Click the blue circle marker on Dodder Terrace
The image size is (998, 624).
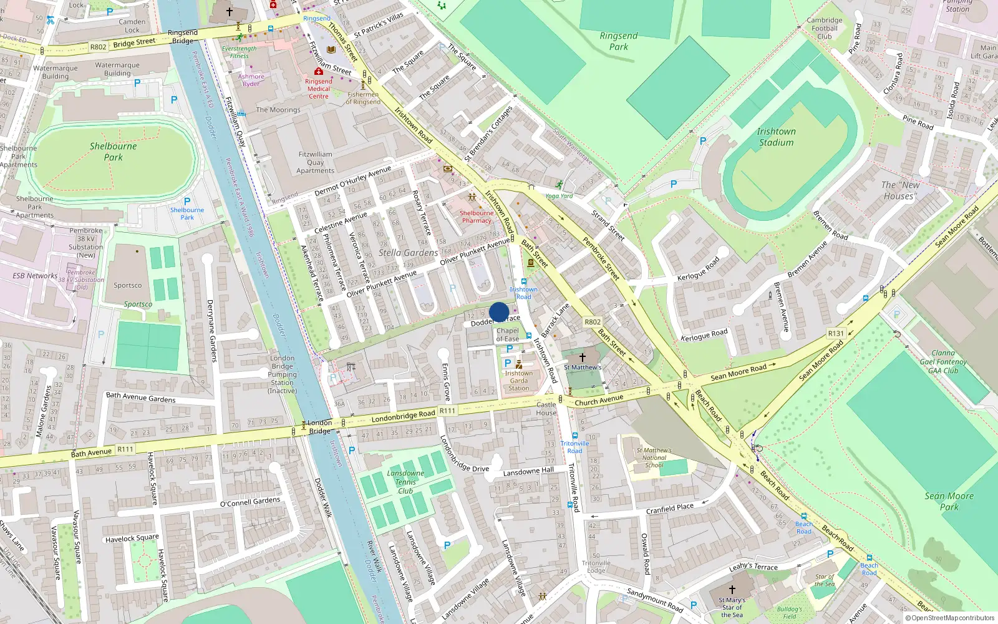click(499, 312)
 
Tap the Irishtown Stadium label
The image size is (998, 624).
click(776, 137)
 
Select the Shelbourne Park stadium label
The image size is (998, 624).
click(113, 151)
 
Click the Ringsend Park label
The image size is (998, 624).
click(618, 41)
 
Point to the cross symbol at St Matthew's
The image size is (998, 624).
click(583, 358)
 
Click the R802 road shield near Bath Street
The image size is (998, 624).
click(592, 322)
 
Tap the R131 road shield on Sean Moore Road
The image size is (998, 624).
click(835, 333)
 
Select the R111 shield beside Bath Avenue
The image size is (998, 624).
click(125, 449)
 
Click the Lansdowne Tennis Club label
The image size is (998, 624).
click(405, 482)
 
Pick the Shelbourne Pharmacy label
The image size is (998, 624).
click(477, 217)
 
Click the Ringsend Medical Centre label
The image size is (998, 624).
click(318, 89)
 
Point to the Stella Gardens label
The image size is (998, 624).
click(408, 253)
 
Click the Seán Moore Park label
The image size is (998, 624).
click(949, 501)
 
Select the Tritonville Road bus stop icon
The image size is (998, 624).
click(574, 436)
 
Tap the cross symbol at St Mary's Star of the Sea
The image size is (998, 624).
click(732, 589)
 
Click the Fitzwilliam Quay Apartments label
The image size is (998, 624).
click(315, 162)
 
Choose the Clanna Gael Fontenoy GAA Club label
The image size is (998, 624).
click(942, 361)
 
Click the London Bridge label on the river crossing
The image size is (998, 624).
click(319, 427)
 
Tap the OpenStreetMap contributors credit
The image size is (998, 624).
click(949, 618)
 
